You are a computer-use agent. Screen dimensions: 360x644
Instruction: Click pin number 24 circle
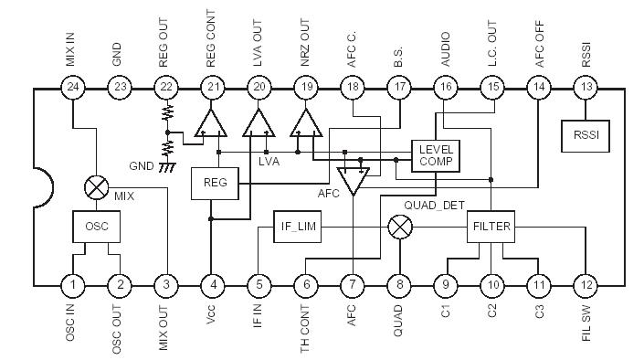(73, 88)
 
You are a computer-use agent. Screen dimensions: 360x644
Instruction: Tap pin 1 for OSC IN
(73, 286)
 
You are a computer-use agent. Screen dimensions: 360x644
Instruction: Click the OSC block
(96, 226)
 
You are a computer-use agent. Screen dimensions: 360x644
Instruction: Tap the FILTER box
(491, 227)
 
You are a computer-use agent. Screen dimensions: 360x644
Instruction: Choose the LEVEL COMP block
(436, 154)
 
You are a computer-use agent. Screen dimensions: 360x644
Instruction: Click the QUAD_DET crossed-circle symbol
(399, 227)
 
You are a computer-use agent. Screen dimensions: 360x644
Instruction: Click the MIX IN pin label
(73, 47)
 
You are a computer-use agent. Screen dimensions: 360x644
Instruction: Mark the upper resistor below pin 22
(167, 113)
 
